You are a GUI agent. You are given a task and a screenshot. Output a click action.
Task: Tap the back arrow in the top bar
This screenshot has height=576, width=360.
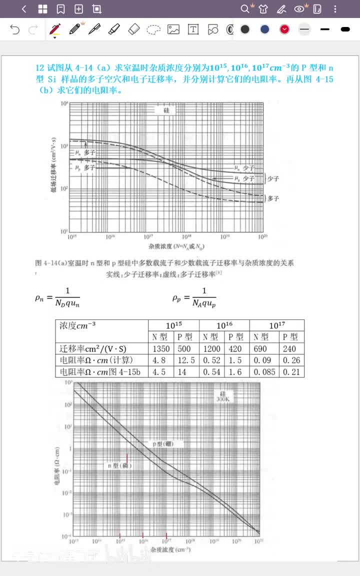[24, 8]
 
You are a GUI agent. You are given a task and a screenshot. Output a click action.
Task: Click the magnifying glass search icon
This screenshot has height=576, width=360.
[244, 8]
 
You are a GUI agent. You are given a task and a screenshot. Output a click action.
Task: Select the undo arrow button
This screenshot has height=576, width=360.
[15, 29]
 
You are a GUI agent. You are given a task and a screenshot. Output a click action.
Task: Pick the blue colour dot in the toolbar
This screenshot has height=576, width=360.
[265, 29]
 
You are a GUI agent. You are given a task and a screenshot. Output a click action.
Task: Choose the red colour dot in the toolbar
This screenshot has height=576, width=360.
[284, 29]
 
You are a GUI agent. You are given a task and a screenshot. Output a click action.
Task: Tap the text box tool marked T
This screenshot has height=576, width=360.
[193, 29]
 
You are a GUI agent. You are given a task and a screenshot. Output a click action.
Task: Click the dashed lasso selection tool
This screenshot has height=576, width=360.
[153, 29]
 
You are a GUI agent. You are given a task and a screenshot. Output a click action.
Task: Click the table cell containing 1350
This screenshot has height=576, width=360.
[160, 349]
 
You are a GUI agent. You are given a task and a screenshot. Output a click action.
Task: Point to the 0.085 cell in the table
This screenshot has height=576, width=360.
[263, 372]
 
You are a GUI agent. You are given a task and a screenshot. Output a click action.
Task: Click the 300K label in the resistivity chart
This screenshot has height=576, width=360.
[222, 399]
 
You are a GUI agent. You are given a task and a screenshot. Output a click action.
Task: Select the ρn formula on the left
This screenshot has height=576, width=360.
[57, 297]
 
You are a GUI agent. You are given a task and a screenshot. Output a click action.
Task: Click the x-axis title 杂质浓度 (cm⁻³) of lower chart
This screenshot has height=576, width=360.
[169, 549]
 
